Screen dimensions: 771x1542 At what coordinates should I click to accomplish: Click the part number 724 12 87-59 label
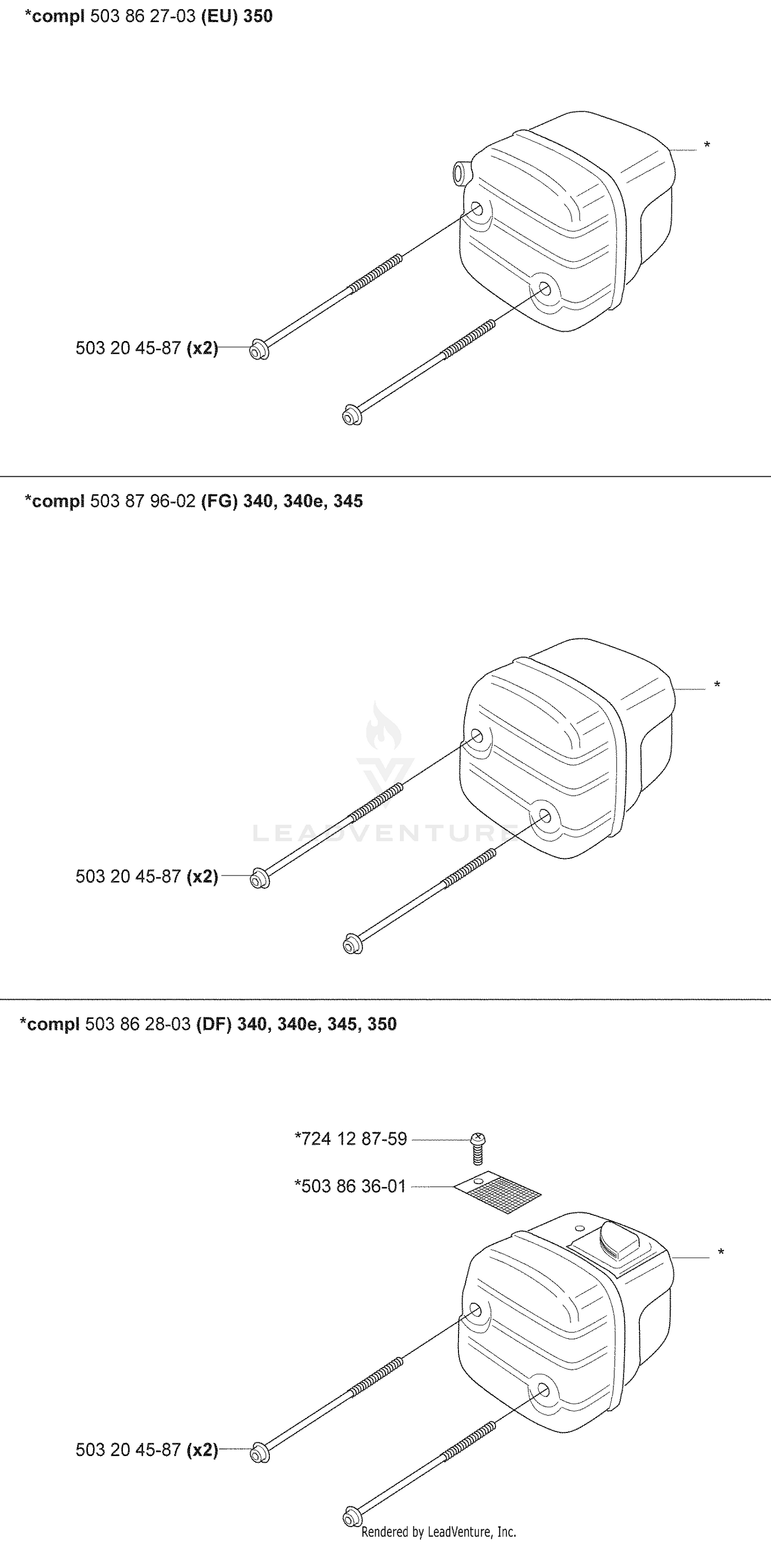(x=351, y=1139)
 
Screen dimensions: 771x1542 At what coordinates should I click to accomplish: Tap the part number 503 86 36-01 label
(x=351, y=1186)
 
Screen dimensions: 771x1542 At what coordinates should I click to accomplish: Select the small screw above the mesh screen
(x=478, y=1148)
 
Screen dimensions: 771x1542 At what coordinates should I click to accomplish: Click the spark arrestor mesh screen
(x=498, y=1192)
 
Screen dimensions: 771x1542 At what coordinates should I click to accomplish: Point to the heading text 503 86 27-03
(x=143, y=16)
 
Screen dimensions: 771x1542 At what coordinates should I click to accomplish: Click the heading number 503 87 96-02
(x=143, y=501)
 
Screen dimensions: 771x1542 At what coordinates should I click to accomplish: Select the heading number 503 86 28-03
(x=138, y=1024)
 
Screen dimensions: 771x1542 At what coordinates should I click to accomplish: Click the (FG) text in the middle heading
(x=219, y=501)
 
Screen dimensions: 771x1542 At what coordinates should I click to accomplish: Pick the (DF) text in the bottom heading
(x=214, y=1024)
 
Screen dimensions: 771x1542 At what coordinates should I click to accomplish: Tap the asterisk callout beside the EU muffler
(x=707, y=146)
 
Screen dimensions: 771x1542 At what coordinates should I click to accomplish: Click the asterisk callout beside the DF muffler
(x=721, y=1252)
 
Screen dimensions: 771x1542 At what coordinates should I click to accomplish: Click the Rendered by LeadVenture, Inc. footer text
(x=438, y=1532)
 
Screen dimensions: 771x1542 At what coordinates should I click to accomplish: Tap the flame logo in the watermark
(x=383, y=727)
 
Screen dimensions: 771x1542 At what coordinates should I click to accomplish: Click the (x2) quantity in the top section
(x=202, y=348)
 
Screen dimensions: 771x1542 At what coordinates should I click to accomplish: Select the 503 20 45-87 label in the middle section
(x=128, y=876)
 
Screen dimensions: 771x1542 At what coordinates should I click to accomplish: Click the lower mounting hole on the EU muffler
(x=544, y=290)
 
